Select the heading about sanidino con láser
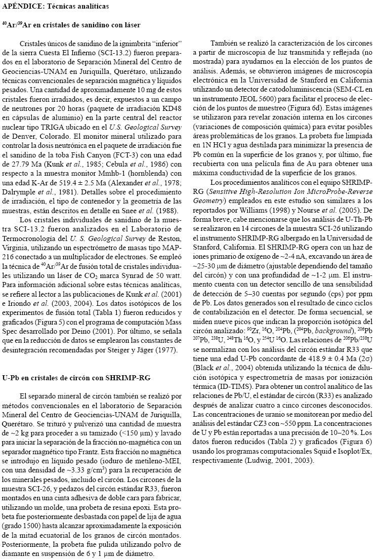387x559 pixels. click(71, 24)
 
